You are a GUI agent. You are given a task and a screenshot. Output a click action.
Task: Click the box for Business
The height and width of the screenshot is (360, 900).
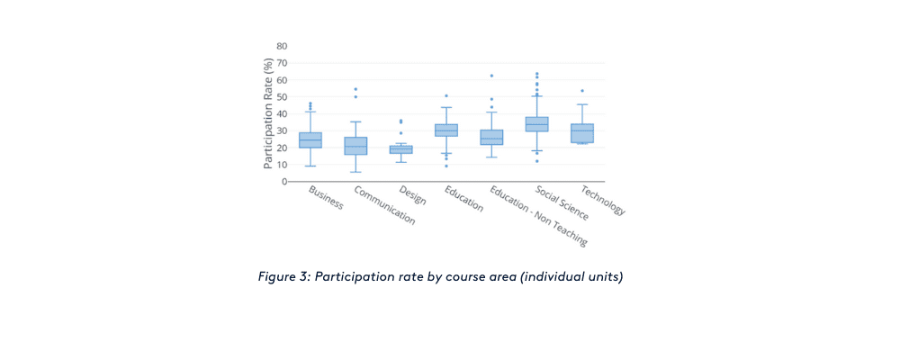[x=310, y=140]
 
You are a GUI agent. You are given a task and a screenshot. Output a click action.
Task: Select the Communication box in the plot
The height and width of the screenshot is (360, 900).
[x=355, y=146]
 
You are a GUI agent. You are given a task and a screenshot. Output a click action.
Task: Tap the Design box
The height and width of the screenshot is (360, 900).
[x=400, y=149]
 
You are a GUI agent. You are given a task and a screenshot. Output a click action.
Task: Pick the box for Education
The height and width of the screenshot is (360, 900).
[x=446, y=130]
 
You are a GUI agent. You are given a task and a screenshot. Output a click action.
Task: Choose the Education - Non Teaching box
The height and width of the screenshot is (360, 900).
[x=491, y=138]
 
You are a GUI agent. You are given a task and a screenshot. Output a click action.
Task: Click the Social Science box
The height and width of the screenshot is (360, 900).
[x=537, y=124]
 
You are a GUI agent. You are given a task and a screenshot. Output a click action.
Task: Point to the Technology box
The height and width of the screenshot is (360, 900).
[x=582, y=133]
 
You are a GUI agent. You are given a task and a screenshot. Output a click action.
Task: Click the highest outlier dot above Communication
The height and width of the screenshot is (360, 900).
[x=355, y=89]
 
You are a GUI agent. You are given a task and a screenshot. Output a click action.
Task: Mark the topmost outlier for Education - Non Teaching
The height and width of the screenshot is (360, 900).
[x=491, y=76]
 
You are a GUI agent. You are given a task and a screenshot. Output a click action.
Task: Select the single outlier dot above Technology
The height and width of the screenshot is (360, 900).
[x=582, y=91]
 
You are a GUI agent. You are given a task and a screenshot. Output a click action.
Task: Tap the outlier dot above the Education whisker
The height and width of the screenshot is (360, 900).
[x=446, y=95]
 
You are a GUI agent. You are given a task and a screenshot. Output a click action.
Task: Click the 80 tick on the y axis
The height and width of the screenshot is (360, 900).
[x=282, y=46]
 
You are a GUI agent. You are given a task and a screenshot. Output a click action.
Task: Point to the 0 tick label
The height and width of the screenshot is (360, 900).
[x=284, y=182]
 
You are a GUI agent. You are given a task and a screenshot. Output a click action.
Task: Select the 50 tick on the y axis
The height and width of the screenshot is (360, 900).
[x=282, y=97]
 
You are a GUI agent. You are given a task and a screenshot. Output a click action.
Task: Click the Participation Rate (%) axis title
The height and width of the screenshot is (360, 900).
[x=268, y=113]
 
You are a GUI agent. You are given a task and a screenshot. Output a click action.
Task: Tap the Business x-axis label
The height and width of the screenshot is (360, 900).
[x=326, y=198]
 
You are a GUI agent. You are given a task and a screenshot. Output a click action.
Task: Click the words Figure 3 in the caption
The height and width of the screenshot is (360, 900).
[x=282, y=276]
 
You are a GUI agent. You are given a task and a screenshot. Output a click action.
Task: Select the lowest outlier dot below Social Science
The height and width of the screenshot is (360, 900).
[x=537, y=161]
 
